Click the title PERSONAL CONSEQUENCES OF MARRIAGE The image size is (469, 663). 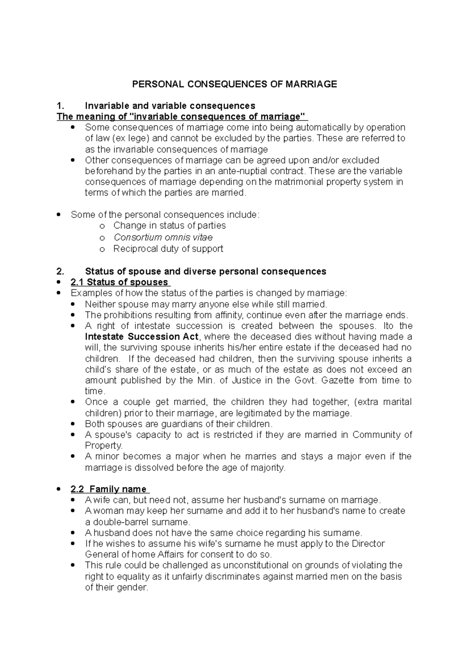tap(234, 84)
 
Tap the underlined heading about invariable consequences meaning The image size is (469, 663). tap(182, 117)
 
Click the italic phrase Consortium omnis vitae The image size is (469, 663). tap(163, 237)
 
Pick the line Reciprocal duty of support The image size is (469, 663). tap(168, 249)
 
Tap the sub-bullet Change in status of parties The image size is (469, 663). tap(169, 226)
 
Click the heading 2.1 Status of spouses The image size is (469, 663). tap(120, 282)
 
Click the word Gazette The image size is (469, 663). tap(338, 380)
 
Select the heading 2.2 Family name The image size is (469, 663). tap(109, 489)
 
